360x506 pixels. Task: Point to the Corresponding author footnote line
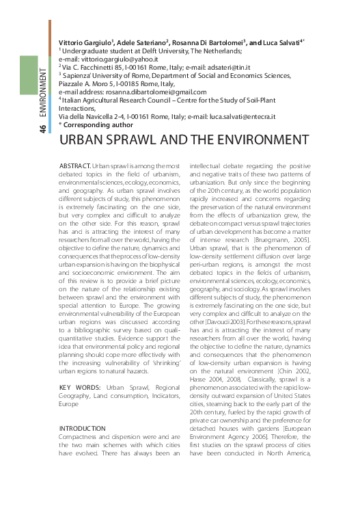tap(96, 125)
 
